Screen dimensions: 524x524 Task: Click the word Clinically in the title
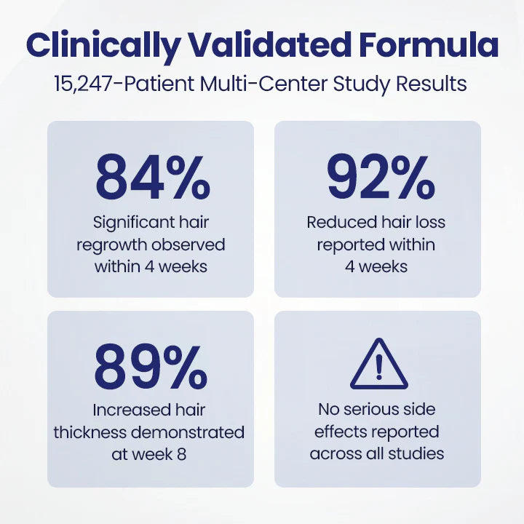point(101,47)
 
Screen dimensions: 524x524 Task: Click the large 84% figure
point(151,179)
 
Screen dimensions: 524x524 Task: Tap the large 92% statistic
point(377,179)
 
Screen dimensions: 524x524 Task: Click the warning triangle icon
point(377,366)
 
